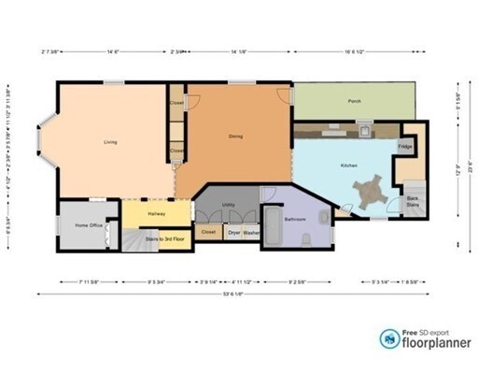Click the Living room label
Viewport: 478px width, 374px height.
(109, 142)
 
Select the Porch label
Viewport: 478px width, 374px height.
(354, 101)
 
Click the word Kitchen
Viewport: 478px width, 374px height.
(347, 165)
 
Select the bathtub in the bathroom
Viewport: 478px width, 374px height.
(273, 227)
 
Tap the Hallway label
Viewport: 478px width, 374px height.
(156, 215)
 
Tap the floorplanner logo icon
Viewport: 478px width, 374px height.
(388, 338)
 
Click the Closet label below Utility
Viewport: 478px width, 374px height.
(209, 231)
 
